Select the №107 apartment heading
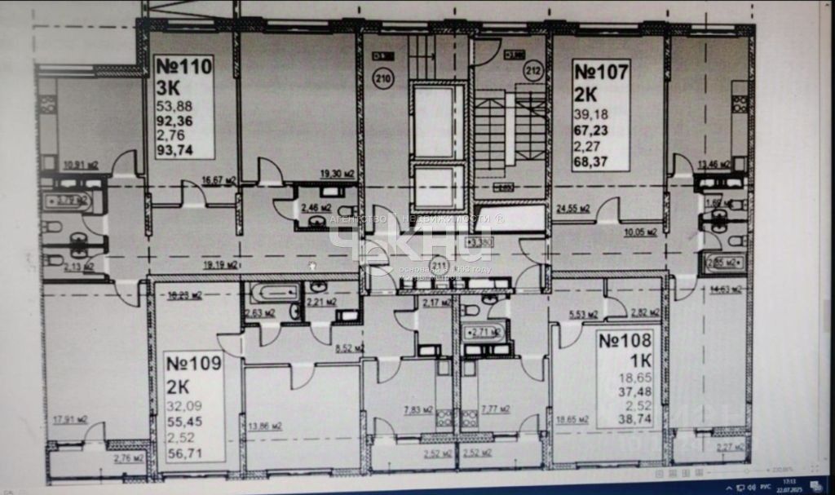[601, 72]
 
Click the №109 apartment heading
[193, 364]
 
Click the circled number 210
[382, 79]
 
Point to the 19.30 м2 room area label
[337, 173]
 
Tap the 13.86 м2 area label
[264, 426]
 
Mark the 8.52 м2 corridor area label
[348, 347]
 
